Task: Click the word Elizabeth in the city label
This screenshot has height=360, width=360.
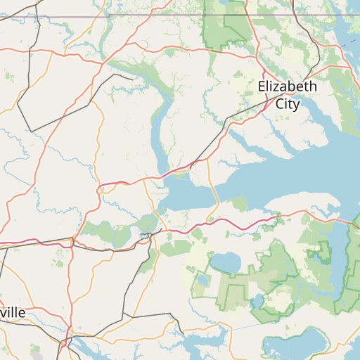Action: (288, 87)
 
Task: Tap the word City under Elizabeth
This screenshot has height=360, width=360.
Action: (288, 104)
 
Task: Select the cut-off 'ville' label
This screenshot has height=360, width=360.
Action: (14, 312)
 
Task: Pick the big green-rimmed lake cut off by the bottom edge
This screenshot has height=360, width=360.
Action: (295, 347)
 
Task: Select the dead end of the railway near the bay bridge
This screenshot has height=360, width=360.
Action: (191, 167)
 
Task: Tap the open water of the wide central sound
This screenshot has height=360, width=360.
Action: (281, 176)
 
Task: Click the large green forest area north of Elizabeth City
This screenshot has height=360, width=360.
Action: (225, 28)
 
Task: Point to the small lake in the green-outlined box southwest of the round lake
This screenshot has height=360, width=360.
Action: (202, 281)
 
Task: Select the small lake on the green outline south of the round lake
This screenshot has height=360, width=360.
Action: (257, 301)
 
